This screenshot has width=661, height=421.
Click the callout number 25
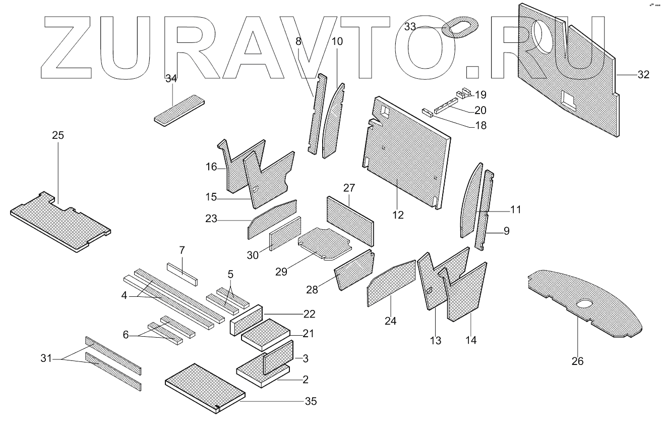(58, 135)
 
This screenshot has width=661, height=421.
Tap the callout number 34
(171, 78)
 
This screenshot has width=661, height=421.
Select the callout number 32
(643, 75)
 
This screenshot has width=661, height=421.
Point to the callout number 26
(577, 361)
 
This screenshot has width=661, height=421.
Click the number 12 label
(398, 215)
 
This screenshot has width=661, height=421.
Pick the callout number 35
(311, 402)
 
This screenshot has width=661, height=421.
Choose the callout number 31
(46, 358)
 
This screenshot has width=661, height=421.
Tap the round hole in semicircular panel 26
(585, 304)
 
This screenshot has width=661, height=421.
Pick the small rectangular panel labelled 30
(285, 233)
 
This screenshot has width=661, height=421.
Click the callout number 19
(480, 94)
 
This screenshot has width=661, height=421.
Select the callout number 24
(391, 321)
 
